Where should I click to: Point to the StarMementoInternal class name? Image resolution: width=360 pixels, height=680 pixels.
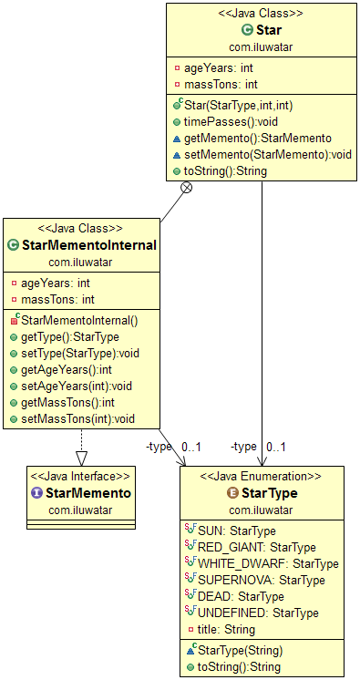[x=88, y=244]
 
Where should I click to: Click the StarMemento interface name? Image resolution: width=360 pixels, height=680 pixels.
[x=87, y=492]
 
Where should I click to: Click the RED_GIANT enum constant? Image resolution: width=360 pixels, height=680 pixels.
[x=256, y=547]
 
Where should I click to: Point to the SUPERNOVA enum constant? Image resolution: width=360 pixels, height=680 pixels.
[x=261, y=580]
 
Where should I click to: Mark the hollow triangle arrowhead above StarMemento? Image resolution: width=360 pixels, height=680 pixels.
[x=81, y=458]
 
